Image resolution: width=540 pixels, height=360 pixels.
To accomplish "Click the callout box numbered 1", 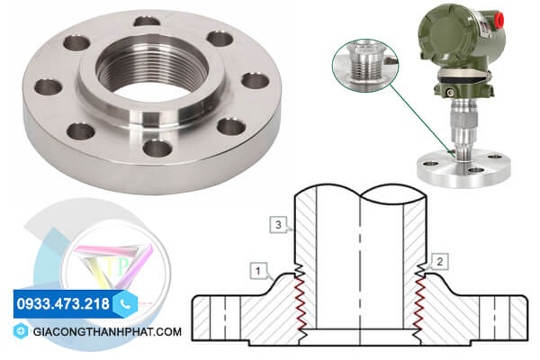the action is (258, 271).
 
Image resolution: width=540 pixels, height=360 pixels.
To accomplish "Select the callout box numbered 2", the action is (439, 262).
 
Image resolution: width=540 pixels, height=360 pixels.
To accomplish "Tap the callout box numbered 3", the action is (278, 225).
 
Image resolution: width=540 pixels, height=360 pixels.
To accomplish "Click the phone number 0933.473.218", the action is (63, 304).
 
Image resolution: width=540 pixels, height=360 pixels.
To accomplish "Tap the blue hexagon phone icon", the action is (125, 304).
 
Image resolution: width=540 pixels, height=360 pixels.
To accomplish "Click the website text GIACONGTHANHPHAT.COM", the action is (107, 332).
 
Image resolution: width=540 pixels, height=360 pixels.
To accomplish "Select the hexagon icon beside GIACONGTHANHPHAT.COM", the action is (21, 331).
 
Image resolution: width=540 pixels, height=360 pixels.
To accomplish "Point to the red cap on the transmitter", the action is (499, 18).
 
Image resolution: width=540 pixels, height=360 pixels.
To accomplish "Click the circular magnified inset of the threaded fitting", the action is (365, 65).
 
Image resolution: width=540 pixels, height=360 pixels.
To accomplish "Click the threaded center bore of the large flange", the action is (152, 71).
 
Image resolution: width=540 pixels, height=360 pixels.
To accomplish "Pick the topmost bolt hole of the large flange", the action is (147, 22).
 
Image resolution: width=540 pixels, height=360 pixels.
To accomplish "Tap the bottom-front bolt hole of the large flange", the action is (157, 148).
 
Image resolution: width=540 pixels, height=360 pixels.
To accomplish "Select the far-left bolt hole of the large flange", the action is (49, 86).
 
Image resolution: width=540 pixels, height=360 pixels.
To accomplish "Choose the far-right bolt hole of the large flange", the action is (256, 81).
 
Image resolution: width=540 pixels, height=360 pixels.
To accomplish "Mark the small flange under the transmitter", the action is (463, 169).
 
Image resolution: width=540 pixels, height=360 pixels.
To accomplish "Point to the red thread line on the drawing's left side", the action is (300, 302).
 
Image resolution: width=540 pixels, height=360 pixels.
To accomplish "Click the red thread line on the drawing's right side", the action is (419, 302).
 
